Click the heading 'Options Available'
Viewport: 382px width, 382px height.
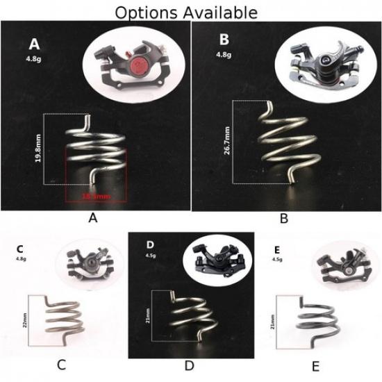(x=185, y=12)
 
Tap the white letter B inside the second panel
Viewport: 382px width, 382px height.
(x=224, y=39)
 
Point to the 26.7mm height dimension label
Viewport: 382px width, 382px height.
(x=227, y=142)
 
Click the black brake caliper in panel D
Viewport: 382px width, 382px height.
(x=217, y=262)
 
